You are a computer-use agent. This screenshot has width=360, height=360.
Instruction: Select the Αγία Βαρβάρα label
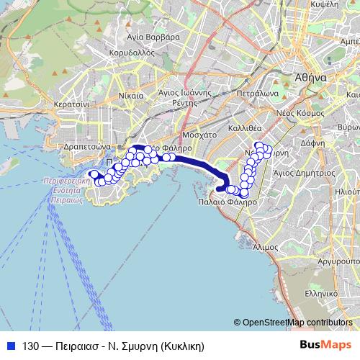click(x=151, y=35)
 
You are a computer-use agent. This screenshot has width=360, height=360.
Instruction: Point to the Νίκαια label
click(x=130, y=94)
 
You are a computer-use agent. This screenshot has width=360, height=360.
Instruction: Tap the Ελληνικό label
click(x=320, y=294)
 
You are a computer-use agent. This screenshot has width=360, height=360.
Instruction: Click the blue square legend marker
click(x=12, y=346)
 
